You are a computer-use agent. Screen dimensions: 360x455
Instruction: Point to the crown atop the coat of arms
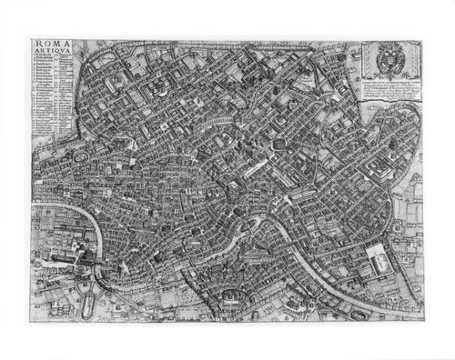point(388,45)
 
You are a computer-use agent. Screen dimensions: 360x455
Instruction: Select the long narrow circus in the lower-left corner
point(92,292)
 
